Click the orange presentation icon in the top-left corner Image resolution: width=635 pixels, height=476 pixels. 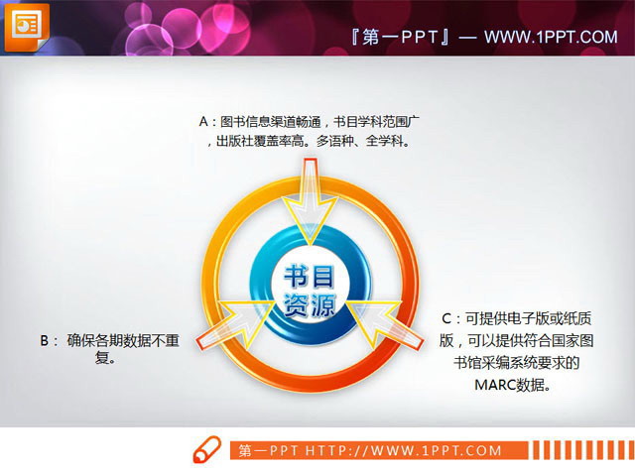(x=25, y=25)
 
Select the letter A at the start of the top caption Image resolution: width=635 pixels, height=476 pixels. (x=204, y=122)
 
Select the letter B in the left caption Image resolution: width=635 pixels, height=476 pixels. (x=44, y=341)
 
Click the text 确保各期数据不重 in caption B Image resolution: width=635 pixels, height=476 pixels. (x=123, y=341)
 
